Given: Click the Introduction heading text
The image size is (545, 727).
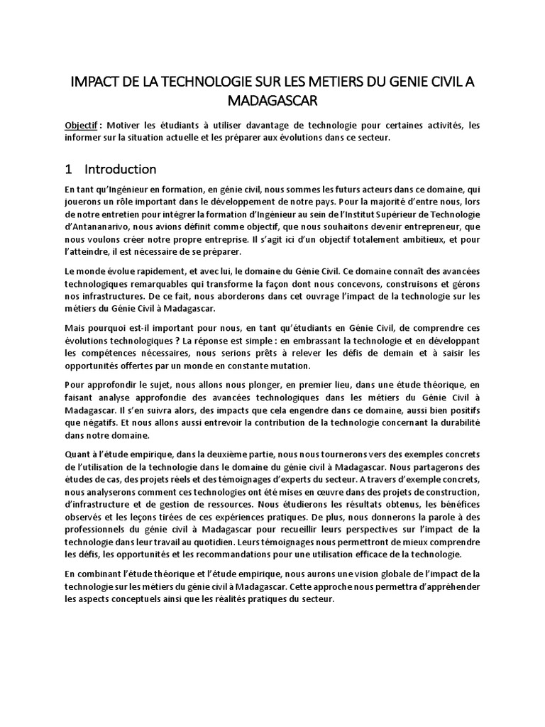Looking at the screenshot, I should point(120,169).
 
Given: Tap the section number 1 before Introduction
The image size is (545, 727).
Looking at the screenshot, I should point(68,169).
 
